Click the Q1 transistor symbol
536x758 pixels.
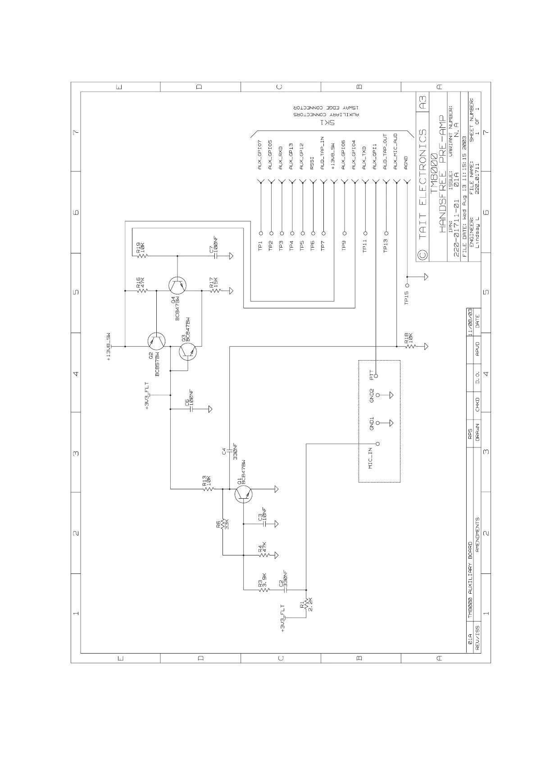coord(243,494)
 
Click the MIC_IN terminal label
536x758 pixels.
coord(370,458)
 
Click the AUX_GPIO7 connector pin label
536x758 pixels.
coord(260,155)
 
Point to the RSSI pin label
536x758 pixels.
coord(313,163)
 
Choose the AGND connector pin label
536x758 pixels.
coord(406,162)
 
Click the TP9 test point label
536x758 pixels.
coord(344,246)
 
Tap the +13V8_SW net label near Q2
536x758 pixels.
coord(108,347)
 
